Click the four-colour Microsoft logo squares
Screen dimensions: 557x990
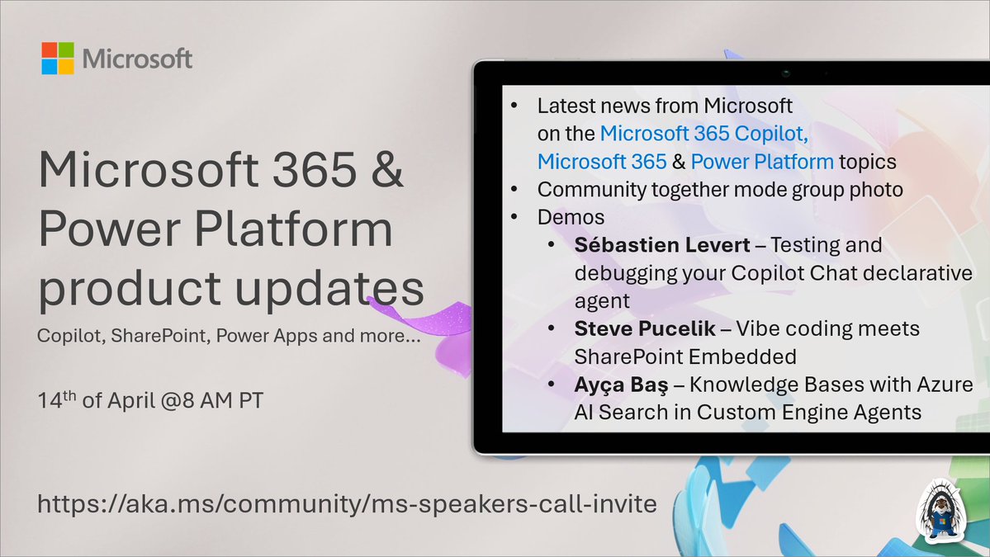(59, 59)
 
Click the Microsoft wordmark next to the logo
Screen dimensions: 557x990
(137, 59)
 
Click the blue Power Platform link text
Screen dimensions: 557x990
(751, 160)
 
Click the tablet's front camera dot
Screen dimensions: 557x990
(786, 73)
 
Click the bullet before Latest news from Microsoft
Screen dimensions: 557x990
(514, 106)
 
